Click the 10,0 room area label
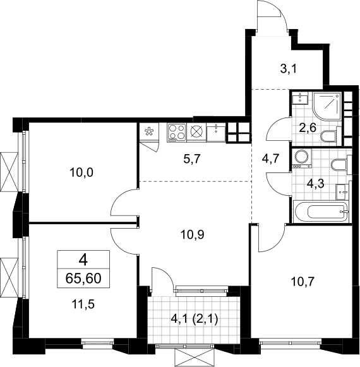[x=81, y=172]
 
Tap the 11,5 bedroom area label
[x=83, y=304]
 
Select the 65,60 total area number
[x=83, y=279]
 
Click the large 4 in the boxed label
[x=83, y=260]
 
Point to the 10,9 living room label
[x=193, y=234]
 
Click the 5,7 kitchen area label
[x=191, y=159]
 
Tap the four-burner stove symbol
[x=177, y=133]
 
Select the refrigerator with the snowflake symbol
[x=148, y=133]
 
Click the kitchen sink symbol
[x=216, y=133]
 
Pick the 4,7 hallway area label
[x=270, y=159]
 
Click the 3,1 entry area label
[x=289, y=69]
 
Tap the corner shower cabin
[x=327, y=107]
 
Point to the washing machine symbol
[x=302, y=159]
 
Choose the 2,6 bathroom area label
[x=308, y=128]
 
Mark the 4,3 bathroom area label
[x=315, y=184]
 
